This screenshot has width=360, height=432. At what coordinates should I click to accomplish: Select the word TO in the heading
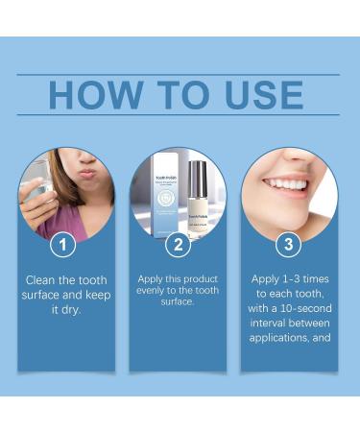[x=178, y=95]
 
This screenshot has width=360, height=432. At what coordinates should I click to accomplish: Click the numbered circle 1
[x=63, y=244]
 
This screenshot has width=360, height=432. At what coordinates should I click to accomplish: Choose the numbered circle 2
[x=178, y=244]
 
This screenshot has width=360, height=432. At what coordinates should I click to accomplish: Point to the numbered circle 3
[x=289, y=244]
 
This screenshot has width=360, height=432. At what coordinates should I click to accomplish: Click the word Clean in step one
[x=43, y=280]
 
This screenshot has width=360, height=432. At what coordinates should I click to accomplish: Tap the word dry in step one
[x=76, y=311]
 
